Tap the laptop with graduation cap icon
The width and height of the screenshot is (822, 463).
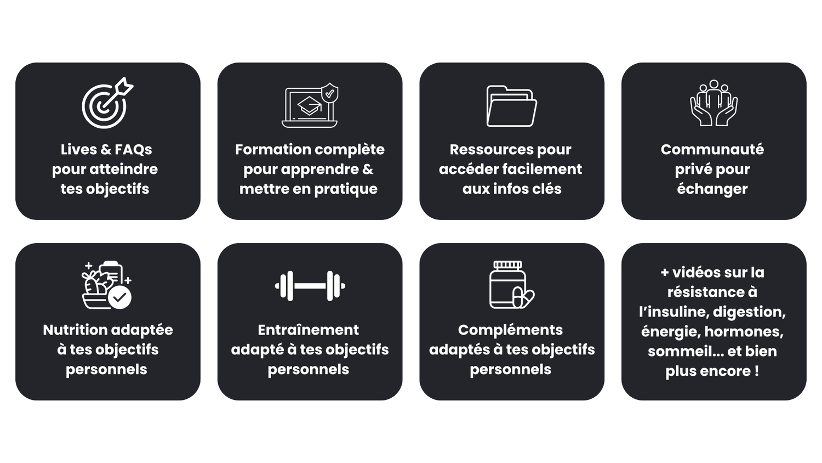click(310, 105)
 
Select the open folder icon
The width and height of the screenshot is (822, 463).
click(511, 106)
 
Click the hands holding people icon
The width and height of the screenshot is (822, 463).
click(713, 103)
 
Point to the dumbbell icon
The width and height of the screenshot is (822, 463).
click(310, 286)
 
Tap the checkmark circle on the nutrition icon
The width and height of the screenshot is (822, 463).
click(119, 297)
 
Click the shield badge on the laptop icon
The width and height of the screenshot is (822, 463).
click(329, 93)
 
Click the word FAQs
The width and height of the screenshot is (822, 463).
click(133, 150)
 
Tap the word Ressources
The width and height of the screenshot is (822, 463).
click(492, 150)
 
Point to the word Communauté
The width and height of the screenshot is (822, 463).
click(712, 150)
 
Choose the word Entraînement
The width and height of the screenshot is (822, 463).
click(308, 330)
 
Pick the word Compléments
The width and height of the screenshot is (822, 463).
click(510, 330)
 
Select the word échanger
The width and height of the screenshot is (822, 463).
click(712, 189)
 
